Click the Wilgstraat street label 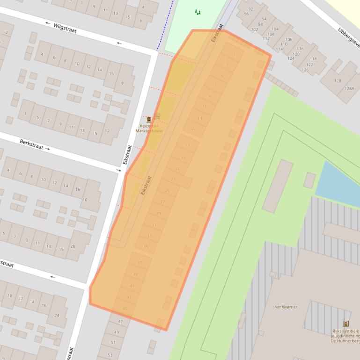65,28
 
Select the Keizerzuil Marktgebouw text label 149,128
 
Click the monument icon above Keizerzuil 149,120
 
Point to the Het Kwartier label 286,307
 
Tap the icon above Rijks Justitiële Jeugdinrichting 346,324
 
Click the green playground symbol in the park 198,12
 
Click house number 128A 349,88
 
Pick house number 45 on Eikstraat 125,309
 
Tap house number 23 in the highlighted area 173,180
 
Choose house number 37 139,263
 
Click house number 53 110,355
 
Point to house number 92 251,9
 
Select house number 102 255,29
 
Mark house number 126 305,70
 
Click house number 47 120,321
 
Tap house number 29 159,214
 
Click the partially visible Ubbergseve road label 348,38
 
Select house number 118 313,59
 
